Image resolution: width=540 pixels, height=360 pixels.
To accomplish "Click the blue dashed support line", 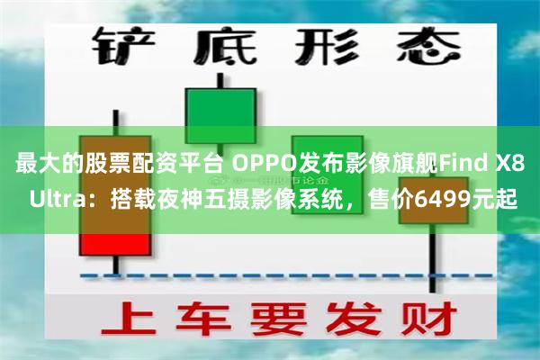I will [270, 274].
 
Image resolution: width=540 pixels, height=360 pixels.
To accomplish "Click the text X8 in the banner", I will [511, 165].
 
